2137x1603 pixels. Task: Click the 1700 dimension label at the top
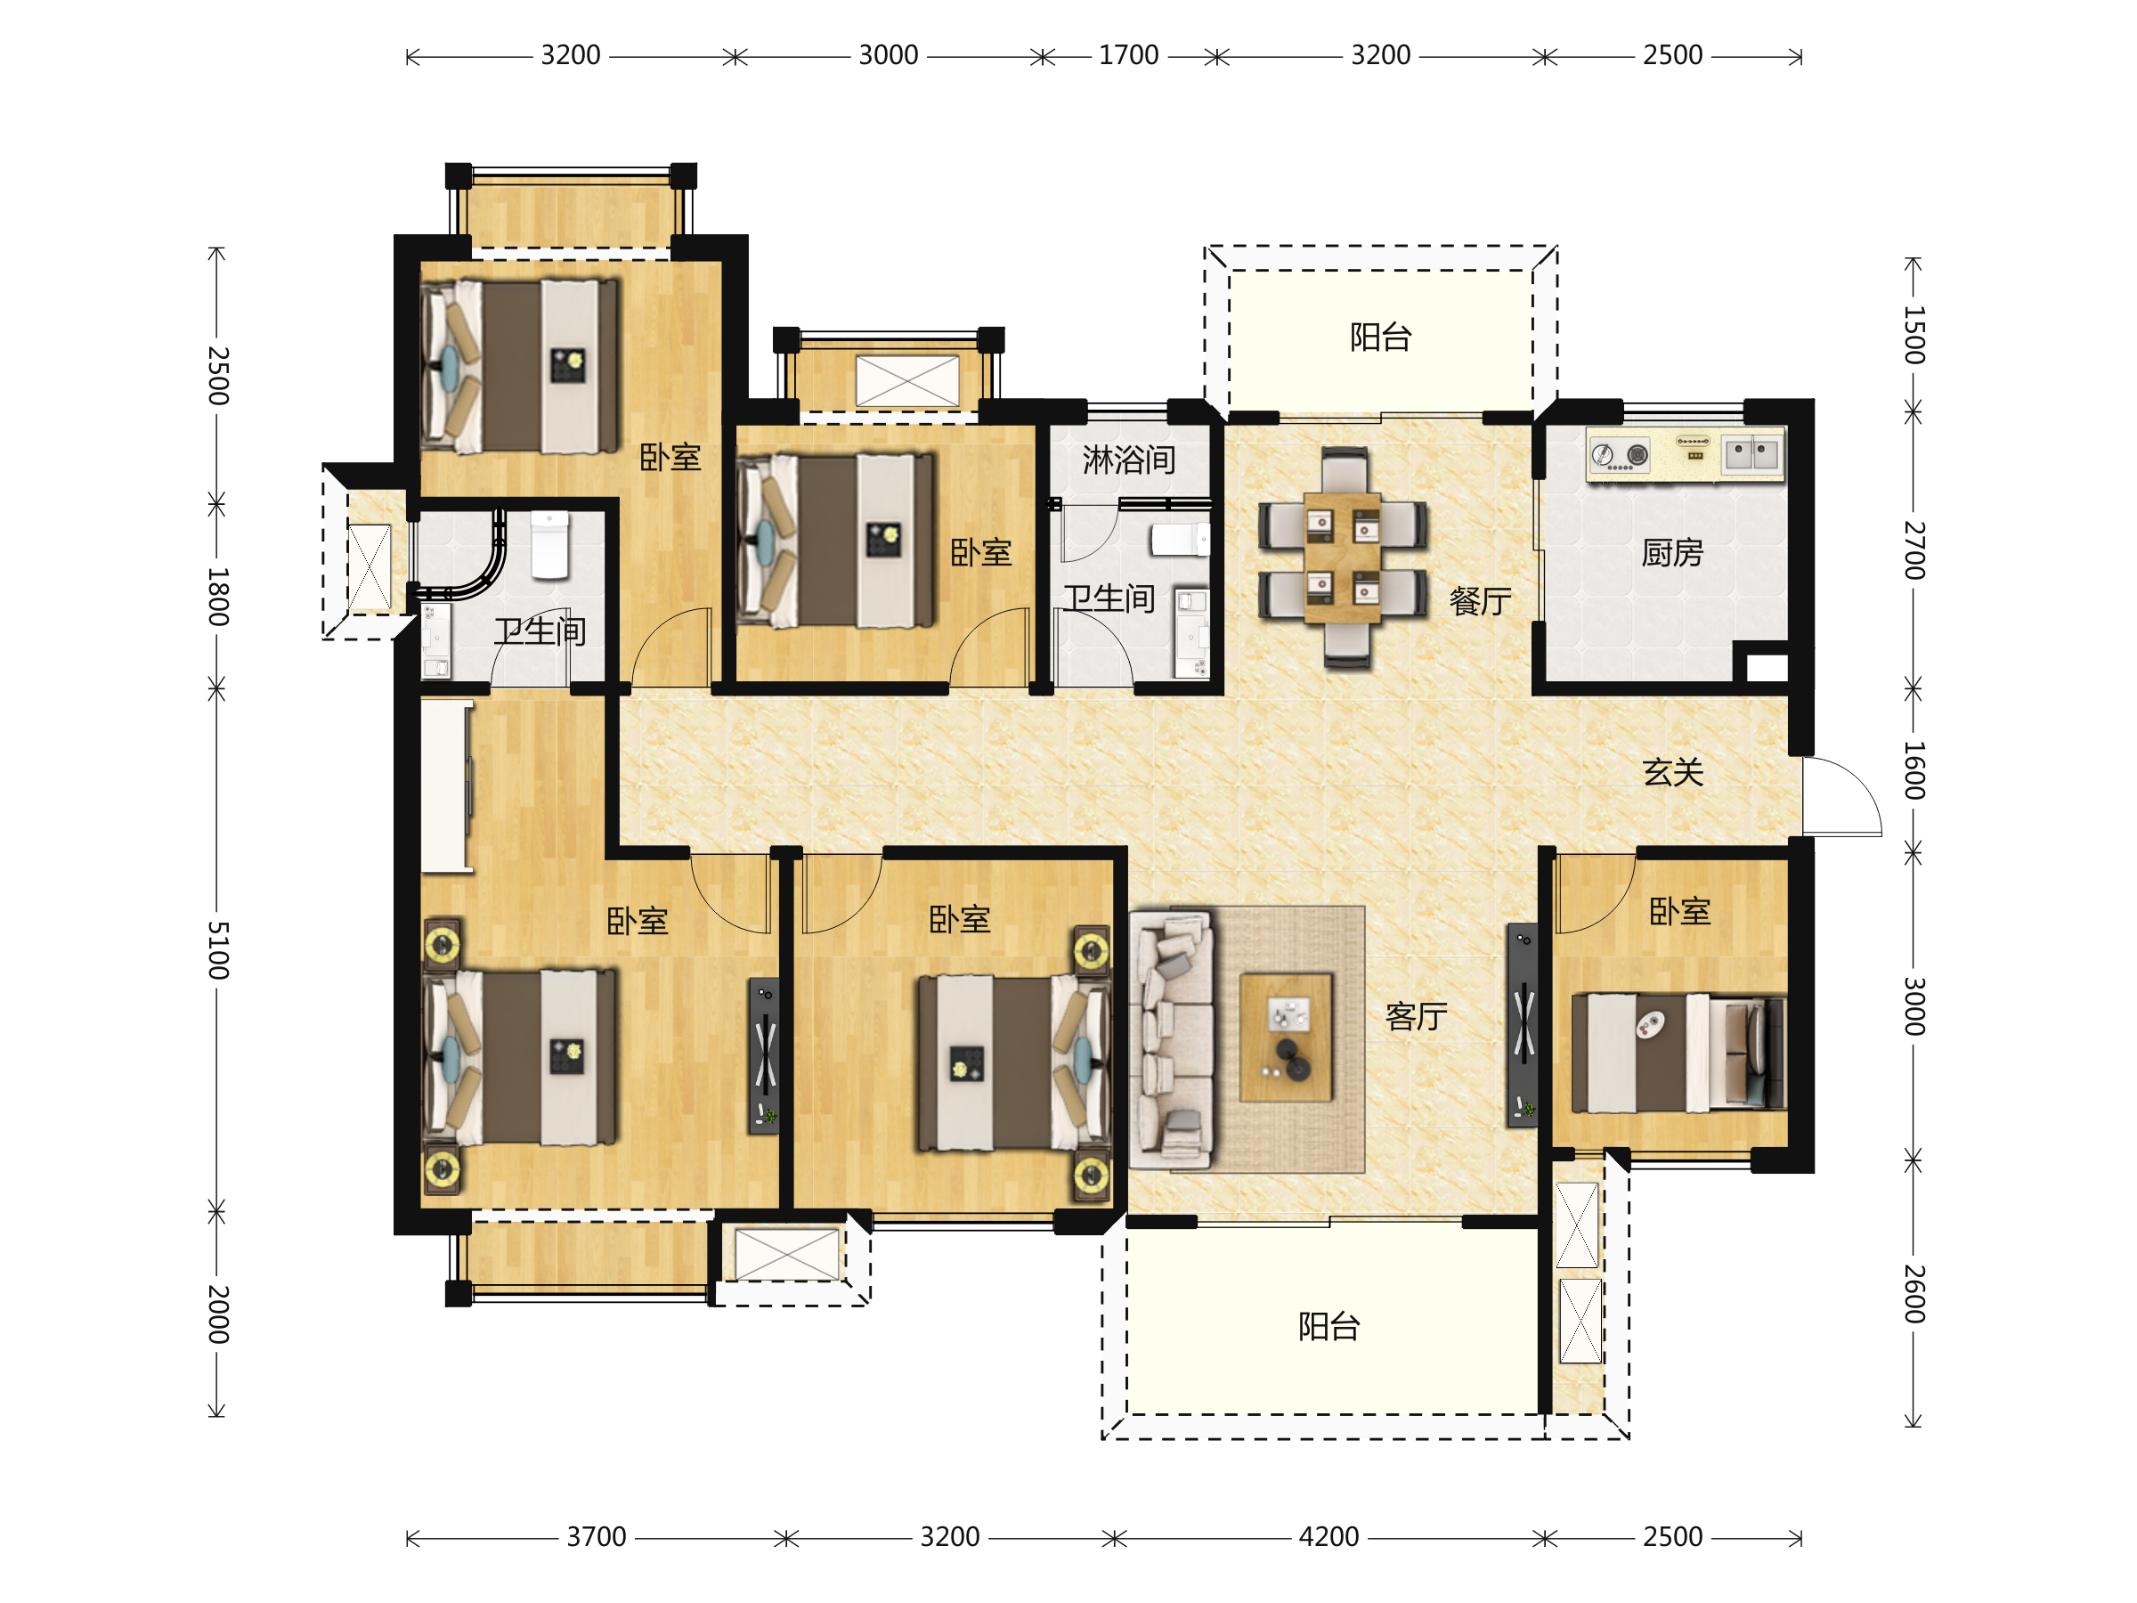click(1128, 55)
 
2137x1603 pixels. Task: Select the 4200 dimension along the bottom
click(1329, 1536)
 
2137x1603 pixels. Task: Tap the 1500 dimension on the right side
click(1913, 334)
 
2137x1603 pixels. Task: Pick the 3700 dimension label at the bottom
click(596, 1536)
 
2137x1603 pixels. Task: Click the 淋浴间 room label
click(1128, 460)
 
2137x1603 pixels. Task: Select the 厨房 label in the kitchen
click(1672, 553)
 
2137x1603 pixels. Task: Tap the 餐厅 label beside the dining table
click(1480, 601)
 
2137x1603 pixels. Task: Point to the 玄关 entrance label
click(1672, 772)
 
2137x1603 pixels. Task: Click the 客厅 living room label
click(1417, 1016)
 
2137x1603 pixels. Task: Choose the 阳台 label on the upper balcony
click(1380, 338)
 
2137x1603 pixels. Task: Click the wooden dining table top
click(1343, 557)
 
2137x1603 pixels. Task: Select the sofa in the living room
click(1171, 1039)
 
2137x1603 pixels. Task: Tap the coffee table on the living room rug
click(1286, 1037)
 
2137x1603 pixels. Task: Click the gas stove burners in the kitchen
click(1619, 455)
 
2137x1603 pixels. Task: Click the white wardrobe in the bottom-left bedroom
click(446, 786)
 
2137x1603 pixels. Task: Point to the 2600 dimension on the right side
click(1913, 1293)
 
